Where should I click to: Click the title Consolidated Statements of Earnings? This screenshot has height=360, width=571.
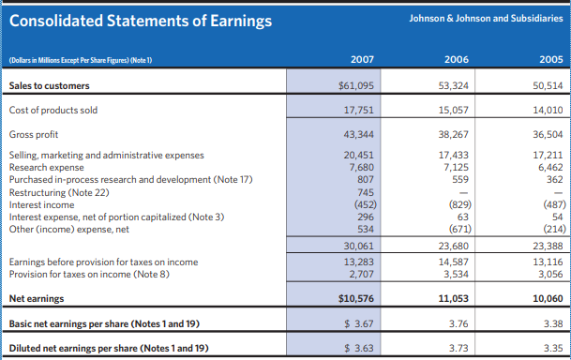click(x=141, y=21)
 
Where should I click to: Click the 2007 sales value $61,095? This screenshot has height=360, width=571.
click(x=356, y=86)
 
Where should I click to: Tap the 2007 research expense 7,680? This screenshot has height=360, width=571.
click(x=360, y=167)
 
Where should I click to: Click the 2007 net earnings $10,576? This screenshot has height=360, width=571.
click(x=356, y=299)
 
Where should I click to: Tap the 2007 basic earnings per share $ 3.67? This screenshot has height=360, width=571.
click(x=357, y=323)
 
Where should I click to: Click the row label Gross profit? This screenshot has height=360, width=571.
click(x=33, y=134)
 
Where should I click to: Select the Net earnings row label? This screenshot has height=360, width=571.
click(x=35, y=299)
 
